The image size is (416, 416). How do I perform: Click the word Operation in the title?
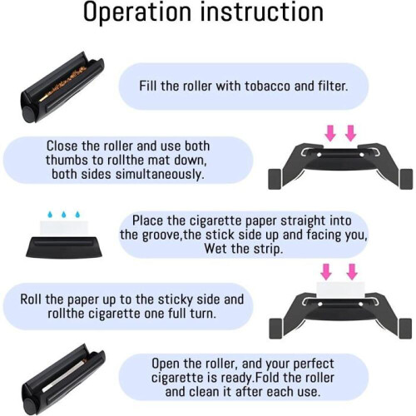[137, 12]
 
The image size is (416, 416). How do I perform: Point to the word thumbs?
[65, 160]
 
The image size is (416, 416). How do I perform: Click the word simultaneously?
[160, 175]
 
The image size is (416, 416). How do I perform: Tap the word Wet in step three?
[216, 249]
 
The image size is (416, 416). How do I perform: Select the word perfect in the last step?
[314, 364]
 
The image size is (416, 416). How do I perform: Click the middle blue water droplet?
[64, 214]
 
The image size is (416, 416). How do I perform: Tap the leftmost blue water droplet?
[50, 214]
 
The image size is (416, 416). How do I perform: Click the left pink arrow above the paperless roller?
[330, 133]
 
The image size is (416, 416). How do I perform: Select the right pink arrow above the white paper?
[352, 271]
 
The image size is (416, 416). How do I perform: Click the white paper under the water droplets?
[64, 229]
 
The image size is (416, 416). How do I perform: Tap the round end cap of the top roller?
[28, 113]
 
